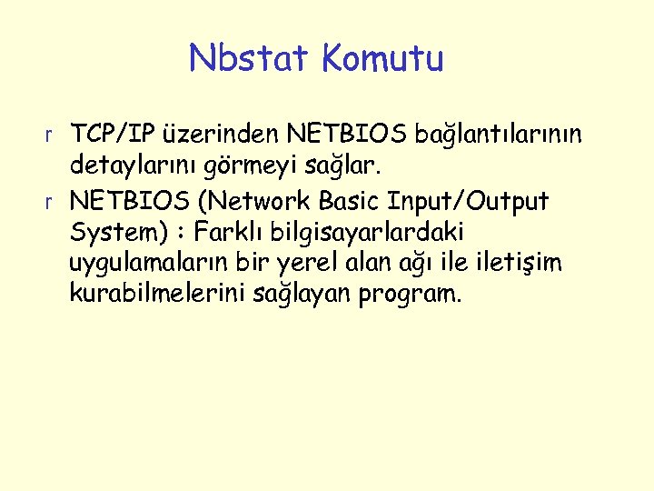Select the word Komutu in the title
(382, 59)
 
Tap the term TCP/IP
(114, 136)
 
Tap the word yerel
(330, 264)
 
